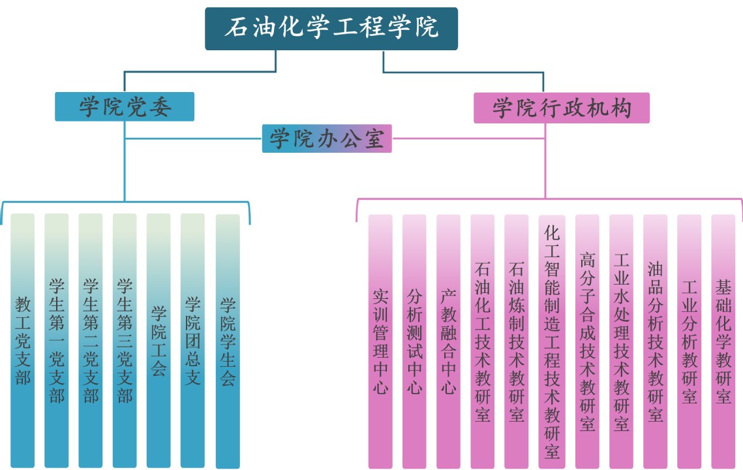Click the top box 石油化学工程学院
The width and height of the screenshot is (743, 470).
(331, 29)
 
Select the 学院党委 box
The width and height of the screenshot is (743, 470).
(125, 106)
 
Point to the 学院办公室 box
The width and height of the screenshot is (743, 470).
(327, 138)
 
